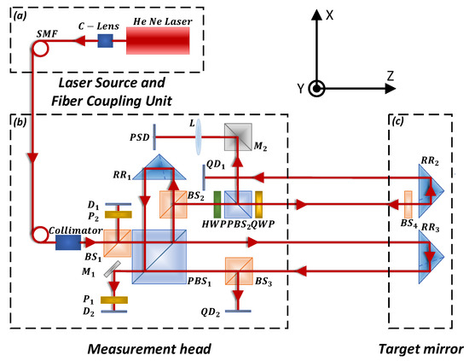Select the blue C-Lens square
(106, 40)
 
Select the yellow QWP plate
(258, 205)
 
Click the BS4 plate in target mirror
(408, 205)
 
